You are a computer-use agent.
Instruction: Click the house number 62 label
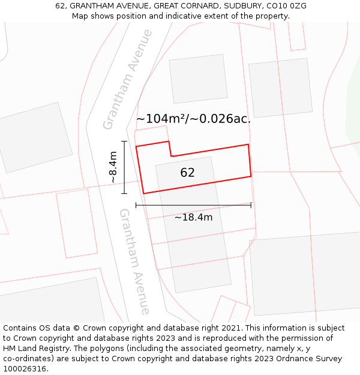(187, 173)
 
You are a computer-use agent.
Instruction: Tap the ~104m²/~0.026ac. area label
(193, 119)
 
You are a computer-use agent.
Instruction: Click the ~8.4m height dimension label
(113, 167)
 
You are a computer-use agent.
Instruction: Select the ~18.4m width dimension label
(193, 217)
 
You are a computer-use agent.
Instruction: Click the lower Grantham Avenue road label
(134, 261)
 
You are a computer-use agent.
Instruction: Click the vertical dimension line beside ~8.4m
(124, 167)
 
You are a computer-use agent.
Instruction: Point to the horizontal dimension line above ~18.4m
(193, 205)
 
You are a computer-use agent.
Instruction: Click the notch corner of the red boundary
(171, 155)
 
